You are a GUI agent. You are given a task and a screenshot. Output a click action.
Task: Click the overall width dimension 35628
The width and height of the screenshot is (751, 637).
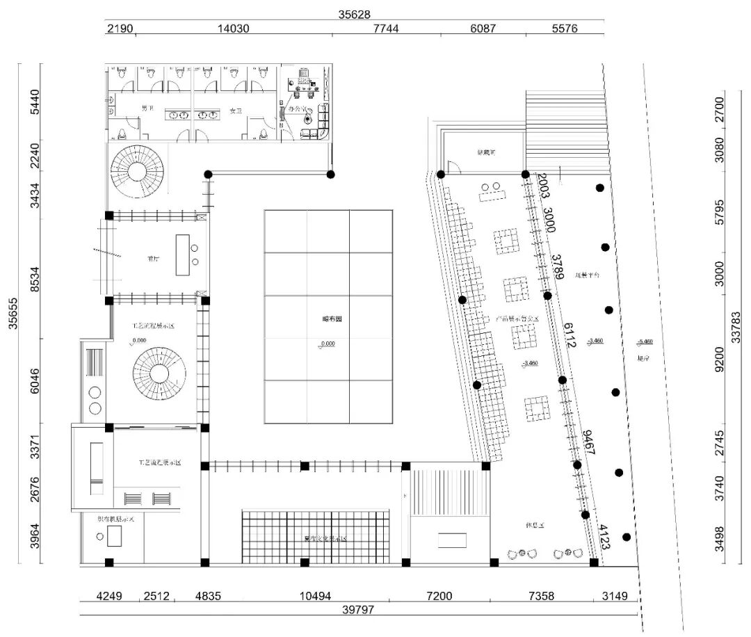[x=355, y=14]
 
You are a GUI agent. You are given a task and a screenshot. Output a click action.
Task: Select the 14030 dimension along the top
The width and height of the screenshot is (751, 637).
[x=233, y=29]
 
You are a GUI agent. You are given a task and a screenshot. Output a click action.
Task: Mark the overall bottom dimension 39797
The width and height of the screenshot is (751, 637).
[x=359, y=610]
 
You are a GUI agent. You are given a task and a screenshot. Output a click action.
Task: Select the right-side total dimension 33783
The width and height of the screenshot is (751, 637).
[x=738, y=316]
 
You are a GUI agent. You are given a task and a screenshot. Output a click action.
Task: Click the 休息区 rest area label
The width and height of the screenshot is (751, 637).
[x=535, y=522]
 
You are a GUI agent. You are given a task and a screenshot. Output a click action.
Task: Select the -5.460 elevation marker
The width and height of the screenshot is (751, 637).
[x=645, y=341]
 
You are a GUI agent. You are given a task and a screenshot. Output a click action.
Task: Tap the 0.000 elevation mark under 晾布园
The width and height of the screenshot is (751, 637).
[x=328, y=343]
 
